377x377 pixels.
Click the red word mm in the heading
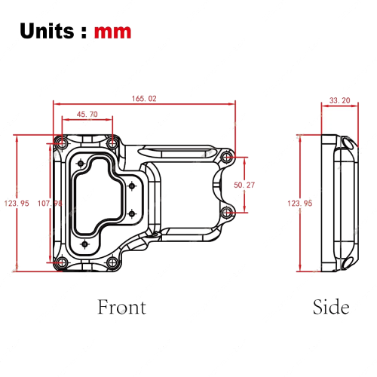pyautogui.click(x=113, y=31)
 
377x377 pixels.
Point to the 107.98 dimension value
pyautogui.click(x=49, y=203)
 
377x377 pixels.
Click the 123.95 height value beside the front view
pyautogui.click(x=16, y=203)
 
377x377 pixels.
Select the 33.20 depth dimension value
pyautogui.click(x=339, y=100)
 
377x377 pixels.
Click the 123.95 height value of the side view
pyautogui.click(x=300, y=203)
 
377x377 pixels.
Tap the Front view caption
pyautogui.click(x=121, y=307)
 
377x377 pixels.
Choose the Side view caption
pyautogui.click(x=331, y=307)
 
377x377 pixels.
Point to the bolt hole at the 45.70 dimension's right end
pyautogui.click(x=112, y=142)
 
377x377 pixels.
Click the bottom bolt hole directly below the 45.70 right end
pyautogui.click(x=112, y=262)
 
